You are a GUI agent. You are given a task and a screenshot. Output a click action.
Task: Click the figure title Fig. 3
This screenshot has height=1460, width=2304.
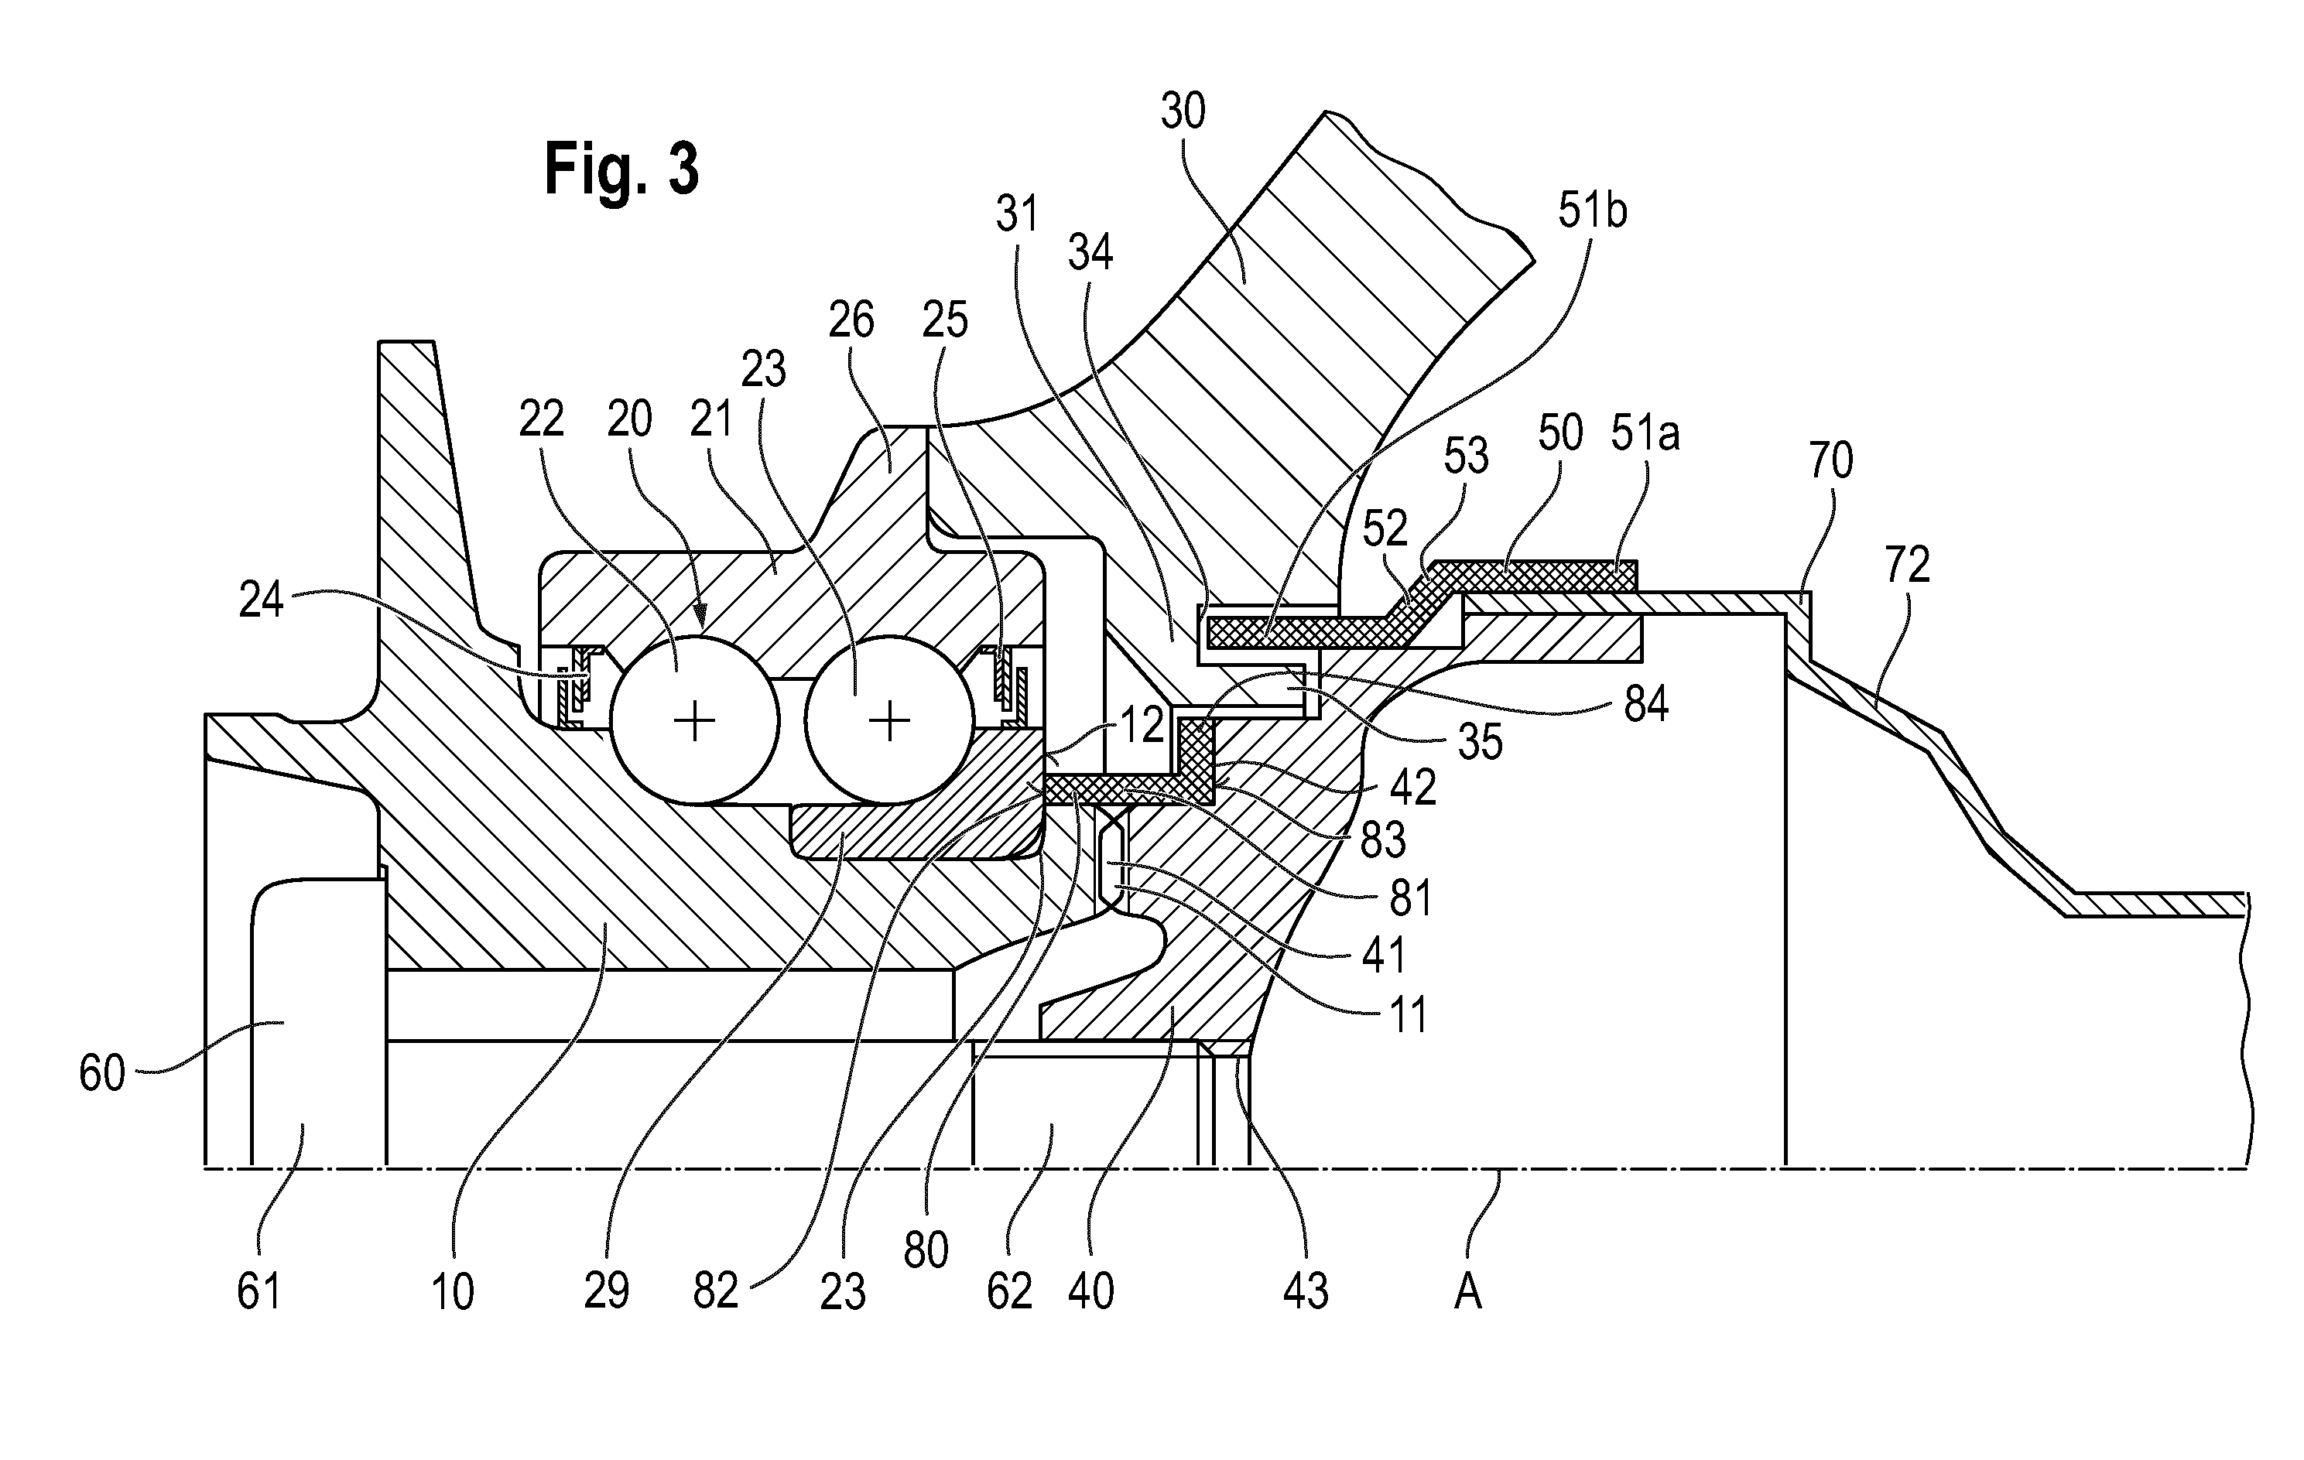[x=622, y=169]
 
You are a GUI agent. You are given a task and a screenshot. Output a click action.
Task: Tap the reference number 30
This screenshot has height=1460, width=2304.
[x=1183, y=112]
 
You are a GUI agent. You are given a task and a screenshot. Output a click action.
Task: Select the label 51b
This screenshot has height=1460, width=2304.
[x=1592, y=211]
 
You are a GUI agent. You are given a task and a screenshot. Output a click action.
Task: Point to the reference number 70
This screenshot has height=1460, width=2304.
[x=1830, y=461]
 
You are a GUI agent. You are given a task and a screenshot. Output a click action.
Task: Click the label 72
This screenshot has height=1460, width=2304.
[x=1907, y=566]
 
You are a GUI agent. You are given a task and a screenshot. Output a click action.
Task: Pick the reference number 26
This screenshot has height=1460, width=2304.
[x=851, y=320]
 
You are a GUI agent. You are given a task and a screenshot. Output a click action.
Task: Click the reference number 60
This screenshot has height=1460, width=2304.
[x=102, y=1073]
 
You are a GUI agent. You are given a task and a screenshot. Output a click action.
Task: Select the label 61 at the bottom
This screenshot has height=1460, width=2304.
[x=258, y=1291]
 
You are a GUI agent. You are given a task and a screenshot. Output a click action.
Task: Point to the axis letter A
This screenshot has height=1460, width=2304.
[x=1467, y=1293]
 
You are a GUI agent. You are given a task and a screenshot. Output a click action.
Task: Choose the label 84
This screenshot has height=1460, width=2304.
[x=1645, y=705]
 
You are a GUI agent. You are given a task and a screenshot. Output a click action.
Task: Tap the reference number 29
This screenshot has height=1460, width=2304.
[x=607, y=1291]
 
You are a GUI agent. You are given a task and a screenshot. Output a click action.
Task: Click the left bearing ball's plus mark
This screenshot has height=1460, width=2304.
[x=695, y=720]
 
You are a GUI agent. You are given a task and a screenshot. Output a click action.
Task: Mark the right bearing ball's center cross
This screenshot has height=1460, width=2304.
[x=890, y=720]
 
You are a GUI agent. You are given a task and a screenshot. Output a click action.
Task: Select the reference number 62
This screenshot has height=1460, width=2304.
[x=1011, y=1291]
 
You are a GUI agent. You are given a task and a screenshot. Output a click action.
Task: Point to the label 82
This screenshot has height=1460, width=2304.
[x=717, y=1291]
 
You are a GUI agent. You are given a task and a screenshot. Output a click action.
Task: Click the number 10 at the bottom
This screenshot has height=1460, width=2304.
[x=453, y=1291]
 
